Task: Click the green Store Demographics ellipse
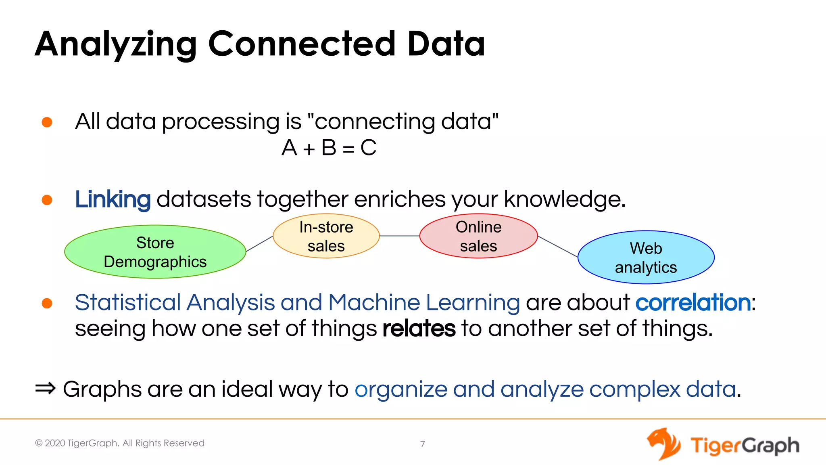click(x=155, y=252)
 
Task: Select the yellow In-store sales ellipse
click(x=326, y=236)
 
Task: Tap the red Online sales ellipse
click(x=478, y=236)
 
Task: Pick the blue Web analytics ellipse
click(x=646, y=258)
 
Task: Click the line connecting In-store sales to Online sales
click(x=399, y=236)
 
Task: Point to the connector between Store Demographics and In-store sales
click(x=259, y=244)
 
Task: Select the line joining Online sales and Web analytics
click(x=558, y=247)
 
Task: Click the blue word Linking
click(x=113, y=199)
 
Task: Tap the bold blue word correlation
click(x=693, y=302)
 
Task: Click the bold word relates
click(x=419, y=329)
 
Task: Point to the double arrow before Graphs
click(x=45, y=389)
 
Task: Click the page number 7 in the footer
click(x=422, y=444)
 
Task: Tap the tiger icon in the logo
click(x=663, y=444)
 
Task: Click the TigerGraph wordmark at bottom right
click(x=744, y=446)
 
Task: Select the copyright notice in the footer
click(x=120, y=443)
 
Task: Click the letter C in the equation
click(x=368, y=148)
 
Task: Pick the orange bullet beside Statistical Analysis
click(x=47, y=303)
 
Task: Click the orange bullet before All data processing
click(x=47, y=122)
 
